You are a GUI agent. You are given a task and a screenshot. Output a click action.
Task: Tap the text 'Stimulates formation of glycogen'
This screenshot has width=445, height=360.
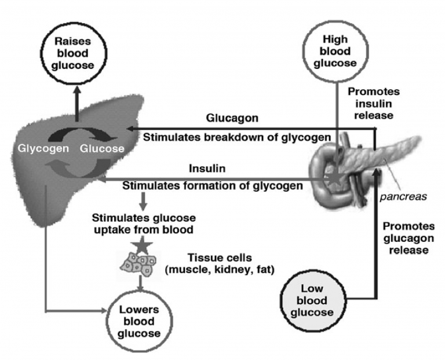(x=211, y=186)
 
